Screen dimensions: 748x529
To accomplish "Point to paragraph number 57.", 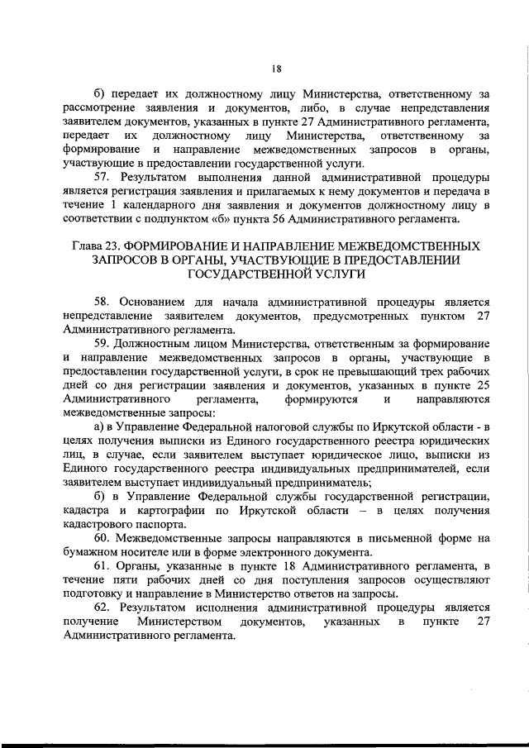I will coord(103,178).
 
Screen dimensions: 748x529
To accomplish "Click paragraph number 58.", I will coord(103,302).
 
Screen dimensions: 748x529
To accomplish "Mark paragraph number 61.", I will coord(103,565).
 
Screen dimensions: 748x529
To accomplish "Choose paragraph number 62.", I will coord(103,607).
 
